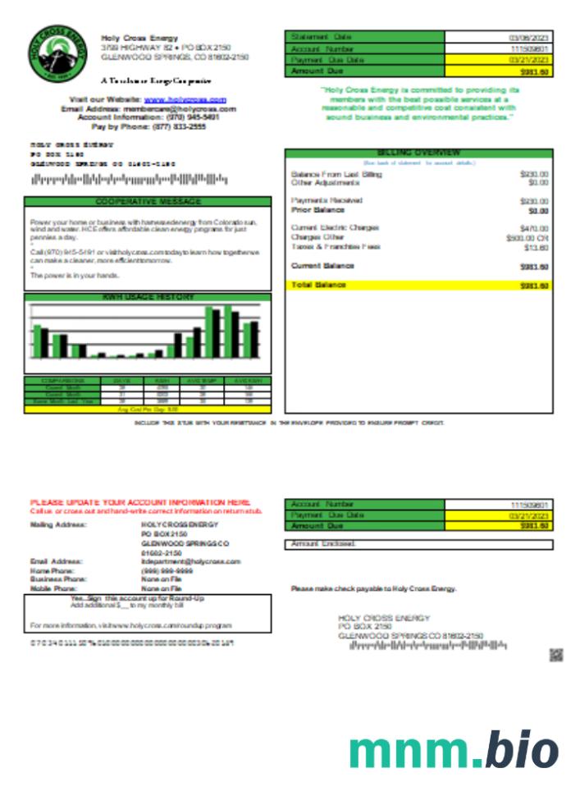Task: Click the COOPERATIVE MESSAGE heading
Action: (x=148, y=201)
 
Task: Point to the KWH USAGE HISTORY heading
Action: (x=148, y=297)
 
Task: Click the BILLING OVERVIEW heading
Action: (x=418, y=153)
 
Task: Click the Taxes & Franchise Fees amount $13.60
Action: (x=536, y=247)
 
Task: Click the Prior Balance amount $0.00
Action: (x=538, y=211)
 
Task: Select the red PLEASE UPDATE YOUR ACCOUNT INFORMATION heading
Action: (x=140, y=501)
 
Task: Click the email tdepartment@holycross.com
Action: (x=191, y=561)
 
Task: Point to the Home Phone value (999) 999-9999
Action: (x=167, y=570)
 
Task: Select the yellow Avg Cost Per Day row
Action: (x=148, y=409)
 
